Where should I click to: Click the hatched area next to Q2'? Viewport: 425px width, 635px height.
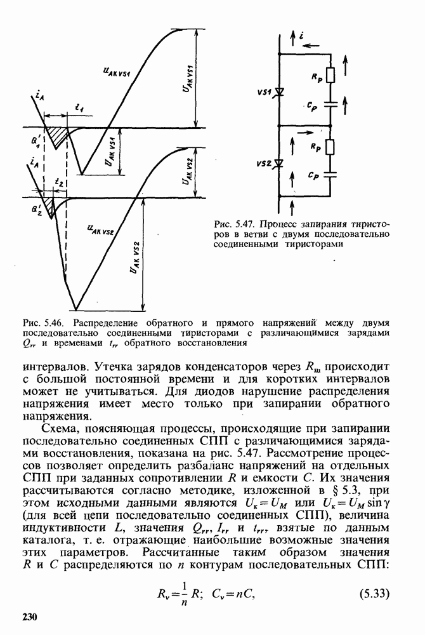pos(47,204)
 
